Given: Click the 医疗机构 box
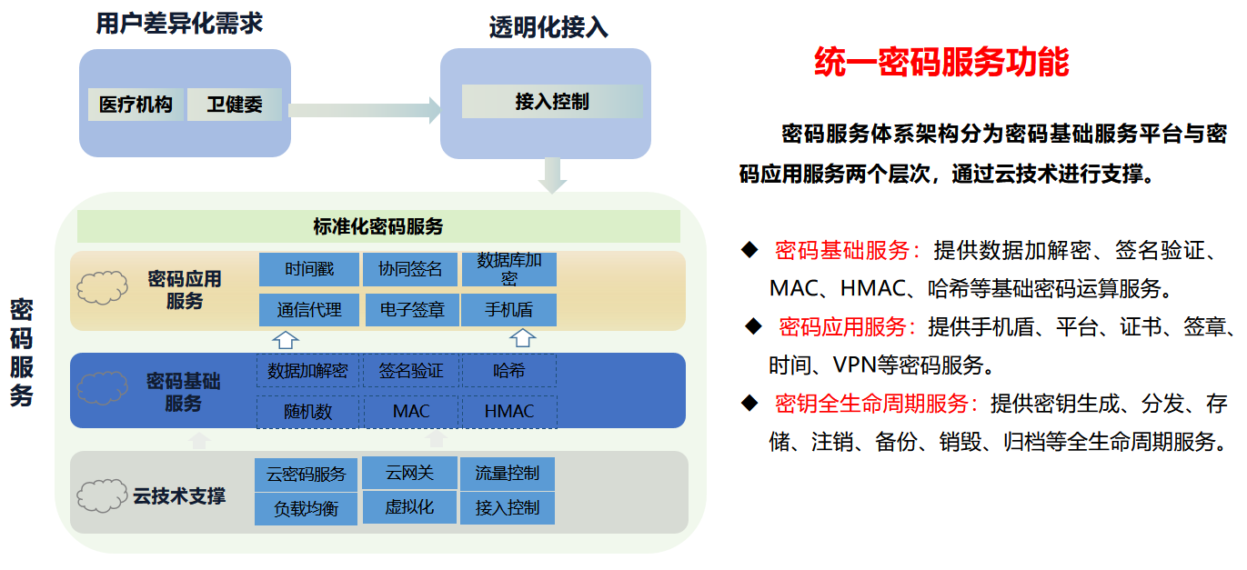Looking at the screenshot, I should coord(136,105).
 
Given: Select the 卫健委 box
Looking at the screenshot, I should coord(234,105).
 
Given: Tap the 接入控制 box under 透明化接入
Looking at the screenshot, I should coord(551,102).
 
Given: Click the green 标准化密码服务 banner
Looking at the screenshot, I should coord(378,226).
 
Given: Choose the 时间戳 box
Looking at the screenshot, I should coord(309,269).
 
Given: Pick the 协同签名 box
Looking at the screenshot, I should coord(410,269).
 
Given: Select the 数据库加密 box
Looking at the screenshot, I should coord(509,269).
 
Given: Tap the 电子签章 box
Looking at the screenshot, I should coord(410,310).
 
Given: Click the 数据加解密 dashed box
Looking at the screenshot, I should coord(307,371).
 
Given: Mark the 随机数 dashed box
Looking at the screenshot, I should coord(307,411).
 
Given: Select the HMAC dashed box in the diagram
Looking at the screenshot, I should coord(509,411).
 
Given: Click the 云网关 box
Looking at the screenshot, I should coord(409,473).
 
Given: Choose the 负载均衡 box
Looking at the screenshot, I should coord(306,509).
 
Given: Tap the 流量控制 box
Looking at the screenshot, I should coord(508,473).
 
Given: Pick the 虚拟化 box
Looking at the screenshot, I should coord(409,507).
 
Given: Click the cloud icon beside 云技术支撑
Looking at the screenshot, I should coord(101,495).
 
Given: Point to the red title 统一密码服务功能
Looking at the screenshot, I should coord(941,63).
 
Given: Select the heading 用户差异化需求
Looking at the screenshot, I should coord(179,24).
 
